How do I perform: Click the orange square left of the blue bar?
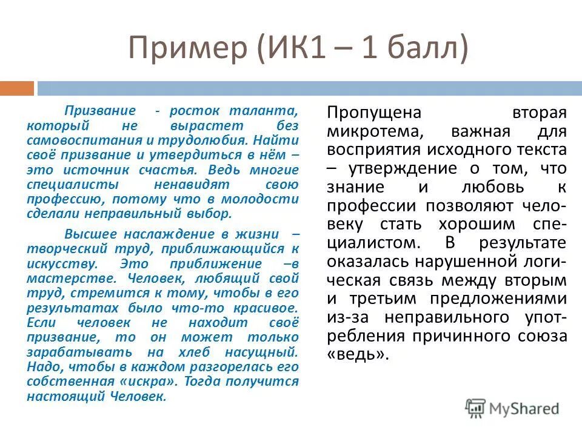16,89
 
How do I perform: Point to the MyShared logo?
512,408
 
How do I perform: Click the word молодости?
266,199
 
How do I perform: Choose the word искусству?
60,264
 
